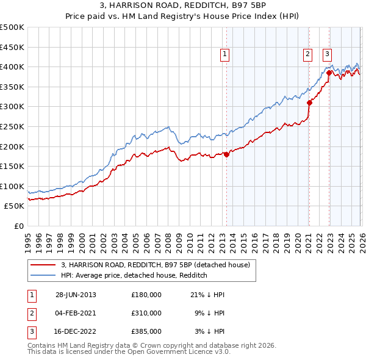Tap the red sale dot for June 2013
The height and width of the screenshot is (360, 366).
(226, 154)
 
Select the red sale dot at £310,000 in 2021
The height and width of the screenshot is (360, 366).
(309, 103)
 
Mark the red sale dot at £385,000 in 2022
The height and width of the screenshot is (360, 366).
(329, 73)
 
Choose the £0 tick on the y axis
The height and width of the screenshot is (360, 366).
(18, 226)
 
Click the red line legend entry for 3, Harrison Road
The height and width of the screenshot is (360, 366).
(155, 265)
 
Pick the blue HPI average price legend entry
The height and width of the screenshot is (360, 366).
(134, 275)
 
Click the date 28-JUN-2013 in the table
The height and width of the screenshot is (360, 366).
(76, 295)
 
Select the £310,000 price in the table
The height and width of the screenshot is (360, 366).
(146, 313)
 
